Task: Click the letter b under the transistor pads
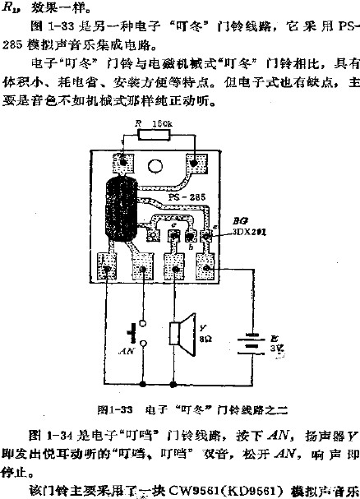click(192, 249)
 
